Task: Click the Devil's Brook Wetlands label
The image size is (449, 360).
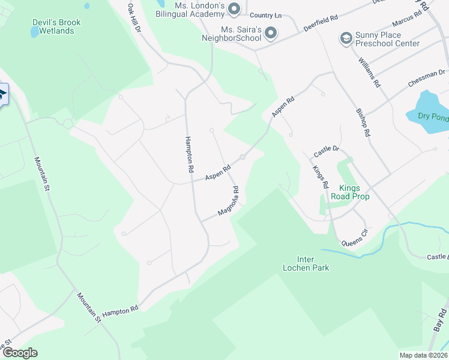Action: [x=56, y=26]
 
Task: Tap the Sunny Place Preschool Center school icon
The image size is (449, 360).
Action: [x=346, y=39]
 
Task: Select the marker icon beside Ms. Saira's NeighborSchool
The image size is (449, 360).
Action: [x=271, y=33]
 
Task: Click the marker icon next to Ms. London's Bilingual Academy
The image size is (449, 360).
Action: [x=234, y=8]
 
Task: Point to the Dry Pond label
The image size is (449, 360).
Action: [x=433, y=117]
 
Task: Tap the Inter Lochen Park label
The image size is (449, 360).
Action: [x=306, y=263]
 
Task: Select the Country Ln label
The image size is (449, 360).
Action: [x=265, y=15]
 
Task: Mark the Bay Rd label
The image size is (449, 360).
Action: [x=442, y=321]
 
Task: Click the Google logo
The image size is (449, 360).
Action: [x=20, y=353]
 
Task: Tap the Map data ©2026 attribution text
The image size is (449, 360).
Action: [x=423, y=355]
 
